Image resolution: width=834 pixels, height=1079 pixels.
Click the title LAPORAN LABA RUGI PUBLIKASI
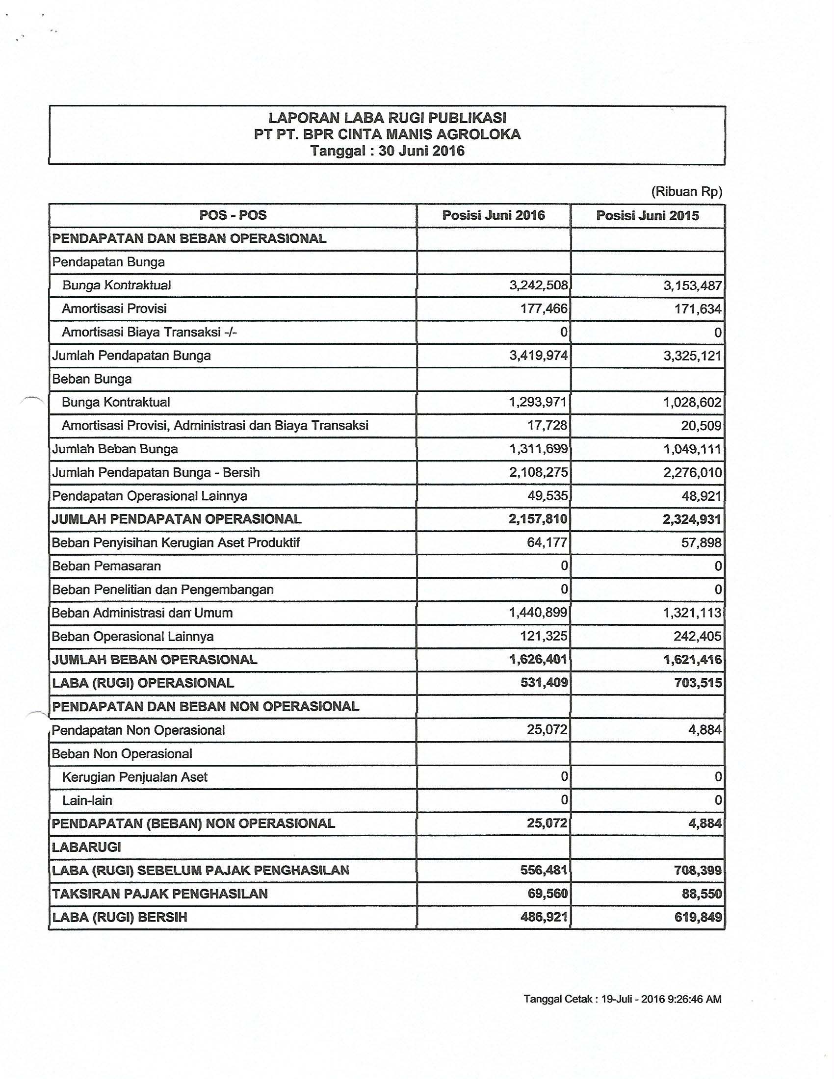point(387,118)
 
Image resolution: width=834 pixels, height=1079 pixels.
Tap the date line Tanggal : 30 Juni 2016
point(387,150)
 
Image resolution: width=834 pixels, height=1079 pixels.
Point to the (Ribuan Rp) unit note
point(686,192)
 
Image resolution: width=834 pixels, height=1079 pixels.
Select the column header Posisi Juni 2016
point(493,215)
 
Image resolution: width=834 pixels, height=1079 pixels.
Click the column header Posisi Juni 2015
point(647,215)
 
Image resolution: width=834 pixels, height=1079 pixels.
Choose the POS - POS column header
point(233,215)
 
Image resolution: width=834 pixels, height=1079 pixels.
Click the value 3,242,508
point(539,285)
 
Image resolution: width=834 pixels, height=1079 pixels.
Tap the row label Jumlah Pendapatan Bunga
point(131,356)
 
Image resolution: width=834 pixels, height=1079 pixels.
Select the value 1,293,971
point(538,402)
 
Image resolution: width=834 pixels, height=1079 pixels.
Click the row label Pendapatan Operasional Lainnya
point(150,496)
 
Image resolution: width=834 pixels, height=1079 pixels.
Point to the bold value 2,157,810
point(538,519)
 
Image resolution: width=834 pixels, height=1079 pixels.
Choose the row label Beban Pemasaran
point(106,566)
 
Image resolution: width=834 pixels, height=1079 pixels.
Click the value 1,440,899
point(538,613)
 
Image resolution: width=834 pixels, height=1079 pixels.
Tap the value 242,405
point(697,636)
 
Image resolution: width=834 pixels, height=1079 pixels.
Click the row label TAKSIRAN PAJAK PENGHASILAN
point(159,894)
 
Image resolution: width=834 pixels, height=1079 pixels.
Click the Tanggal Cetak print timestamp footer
point(622,1000)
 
